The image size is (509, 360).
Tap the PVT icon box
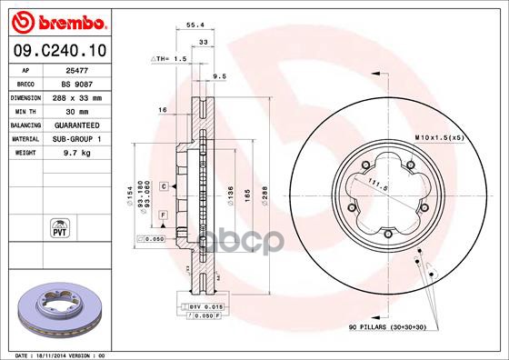(58, 225)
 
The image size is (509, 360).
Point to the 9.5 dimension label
(218, 76)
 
